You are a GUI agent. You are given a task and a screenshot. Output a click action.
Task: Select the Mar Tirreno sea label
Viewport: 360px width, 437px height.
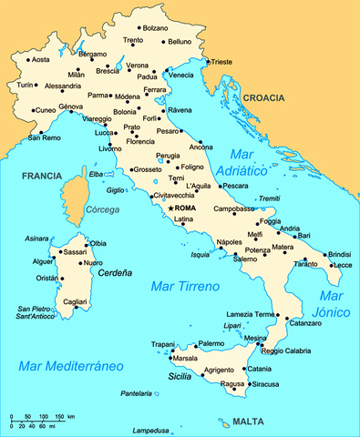tap(185, 287)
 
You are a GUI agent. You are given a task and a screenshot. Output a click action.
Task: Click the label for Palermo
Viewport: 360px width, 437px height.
tap(211, 343)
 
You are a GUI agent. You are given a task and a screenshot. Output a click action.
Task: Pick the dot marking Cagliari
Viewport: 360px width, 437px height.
tap(76, 307)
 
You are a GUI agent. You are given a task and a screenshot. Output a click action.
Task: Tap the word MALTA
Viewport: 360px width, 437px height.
tap(248, 422)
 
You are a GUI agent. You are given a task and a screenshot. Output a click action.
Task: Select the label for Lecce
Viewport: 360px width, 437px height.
tap(343, 265)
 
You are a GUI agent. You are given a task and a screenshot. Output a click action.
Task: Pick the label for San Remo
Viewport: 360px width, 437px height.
tap(46, 137)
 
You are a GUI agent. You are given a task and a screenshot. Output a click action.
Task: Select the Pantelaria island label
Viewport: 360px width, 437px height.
tap(136, 393)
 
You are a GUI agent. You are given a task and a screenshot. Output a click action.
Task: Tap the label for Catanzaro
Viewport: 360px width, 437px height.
tap(305, 323)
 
